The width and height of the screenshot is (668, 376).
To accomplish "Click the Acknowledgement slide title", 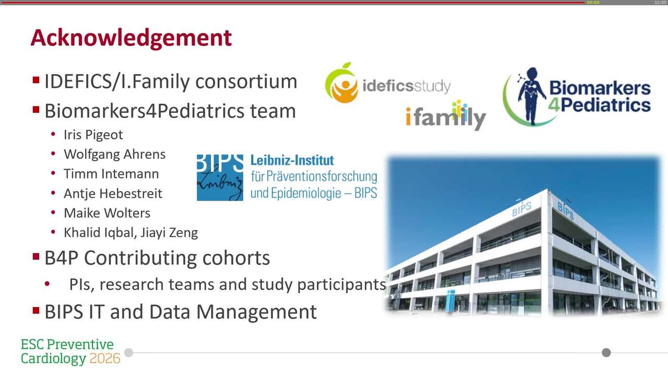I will (x=131, y=38).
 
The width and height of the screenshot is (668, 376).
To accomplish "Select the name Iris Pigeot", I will (x=93, y=135).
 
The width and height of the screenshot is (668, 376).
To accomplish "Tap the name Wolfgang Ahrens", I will (x=114, y=155).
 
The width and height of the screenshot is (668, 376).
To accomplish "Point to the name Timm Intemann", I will (x=111, y=174).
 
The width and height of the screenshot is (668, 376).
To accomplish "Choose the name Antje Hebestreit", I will (x=113, y=194).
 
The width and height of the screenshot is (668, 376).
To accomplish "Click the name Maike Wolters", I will (x=107, y=213).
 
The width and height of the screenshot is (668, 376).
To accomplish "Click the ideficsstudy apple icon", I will (x=341, y=83).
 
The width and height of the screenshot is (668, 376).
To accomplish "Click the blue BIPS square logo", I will (x=220, y=178).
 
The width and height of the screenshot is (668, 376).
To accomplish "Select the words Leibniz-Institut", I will (x=292, y=160).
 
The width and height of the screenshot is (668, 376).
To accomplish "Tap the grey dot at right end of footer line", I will (x=606, y=352).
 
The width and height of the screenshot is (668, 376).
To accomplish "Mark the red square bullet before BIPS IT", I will (x=36, y=311).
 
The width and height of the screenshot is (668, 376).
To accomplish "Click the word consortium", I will (x=246, y=81).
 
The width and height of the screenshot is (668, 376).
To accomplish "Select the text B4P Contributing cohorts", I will (x=157, y=258).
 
